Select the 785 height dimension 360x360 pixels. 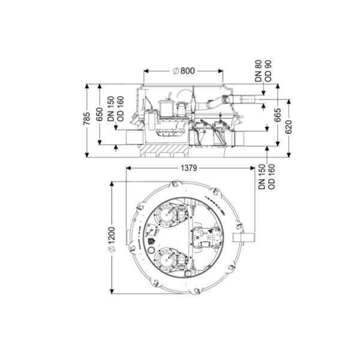click(x=87, y=118)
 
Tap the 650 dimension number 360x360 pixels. click(x=100, y=115)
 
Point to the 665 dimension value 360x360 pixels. click(x=278, y=115)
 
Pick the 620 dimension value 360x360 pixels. click(x=289, y=127)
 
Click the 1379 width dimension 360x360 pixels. click(x=189, y=168)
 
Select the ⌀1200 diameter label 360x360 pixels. click(x=112, y=239)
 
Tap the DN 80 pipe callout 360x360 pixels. click(x=259, y=71)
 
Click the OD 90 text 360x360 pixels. click(x=268, y=71)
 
